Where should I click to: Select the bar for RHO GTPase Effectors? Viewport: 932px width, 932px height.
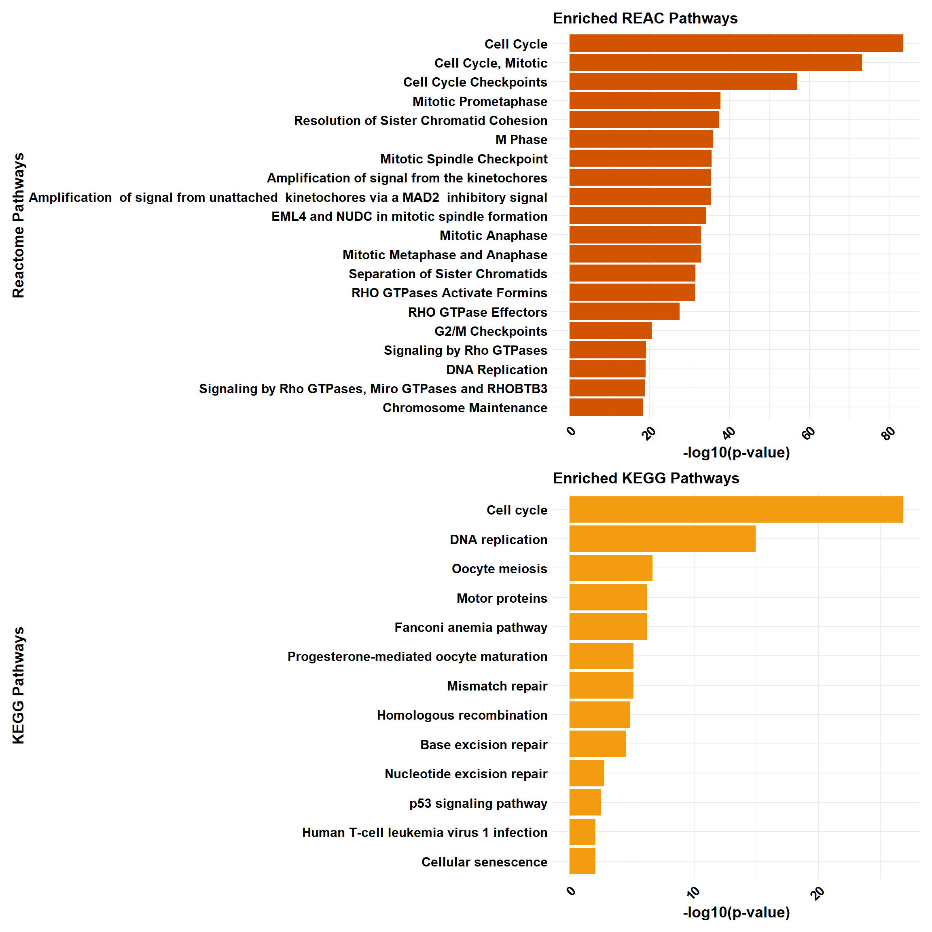pyautogui.click(x=624, y=311)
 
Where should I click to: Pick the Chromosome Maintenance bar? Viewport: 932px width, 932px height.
pyautogui.click(x=606, y=407)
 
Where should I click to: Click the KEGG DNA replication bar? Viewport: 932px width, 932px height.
pyautogui.click(x=662, y=539)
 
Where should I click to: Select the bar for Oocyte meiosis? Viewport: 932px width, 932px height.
pyautogui.click(x=610, y=568)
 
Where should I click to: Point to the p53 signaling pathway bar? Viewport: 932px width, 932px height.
pyautogui.click(x=585, y=802)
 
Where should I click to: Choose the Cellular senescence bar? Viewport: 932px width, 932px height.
pyautogui.click(x=582, y=861)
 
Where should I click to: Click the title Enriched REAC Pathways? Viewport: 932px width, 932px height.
pyautogui.click(x=645, y=18)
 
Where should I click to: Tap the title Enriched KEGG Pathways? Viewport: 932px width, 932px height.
pyautogui.click(x=646, y=478)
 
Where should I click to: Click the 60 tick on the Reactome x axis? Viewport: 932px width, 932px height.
pyautogui.click(x=809, y=433)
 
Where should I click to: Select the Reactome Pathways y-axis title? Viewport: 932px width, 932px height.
pyautogui.click(x=18, y=225)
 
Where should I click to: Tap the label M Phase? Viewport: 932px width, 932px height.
pyautogui.click(x=521, y=140)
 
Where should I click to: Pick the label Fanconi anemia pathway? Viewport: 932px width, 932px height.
pyautogui.click(x=470, y=627)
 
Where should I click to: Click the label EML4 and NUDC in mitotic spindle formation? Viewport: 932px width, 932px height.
pyautogui.click(x=409, y=216)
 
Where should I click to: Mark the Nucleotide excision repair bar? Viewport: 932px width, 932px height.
pyautogui.click(x=586, y=773)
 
